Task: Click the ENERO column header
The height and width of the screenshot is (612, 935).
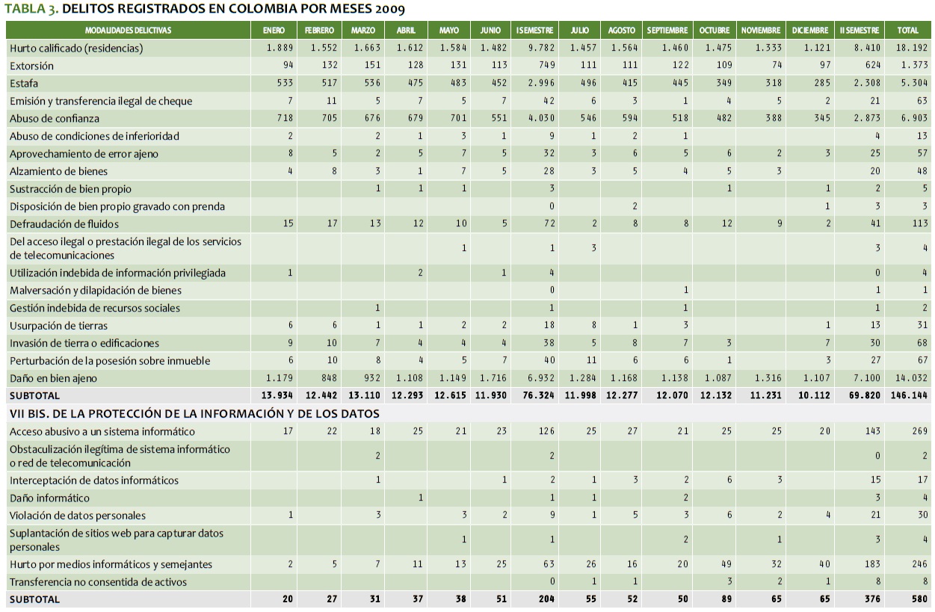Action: [x=274, y=31]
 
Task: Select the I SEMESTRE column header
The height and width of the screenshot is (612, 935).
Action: [x=534, y=31]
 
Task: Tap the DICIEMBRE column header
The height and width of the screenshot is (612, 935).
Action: [x=810, y=31]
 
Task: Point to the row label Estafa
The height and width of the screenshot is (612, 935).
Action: [x=24, y=83]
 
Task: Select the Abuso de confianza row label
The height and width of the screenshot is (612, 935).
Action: [x=55, y=118]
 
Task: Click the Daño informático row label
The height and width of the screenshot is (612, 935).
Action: [x=49, y=498]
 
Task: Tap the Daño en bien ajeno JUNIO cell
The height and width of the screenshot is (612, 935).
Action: [x=493, y=378]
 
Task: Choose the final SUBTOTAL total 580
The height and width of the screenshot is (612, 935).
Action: [x=919, y=599]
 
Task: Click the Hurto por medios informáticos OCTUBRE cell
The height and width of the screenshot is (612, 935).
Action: [x=723, y=564]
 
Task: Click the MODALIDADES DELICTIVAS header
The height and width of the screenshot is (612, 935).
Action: [x=128, y=31]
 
